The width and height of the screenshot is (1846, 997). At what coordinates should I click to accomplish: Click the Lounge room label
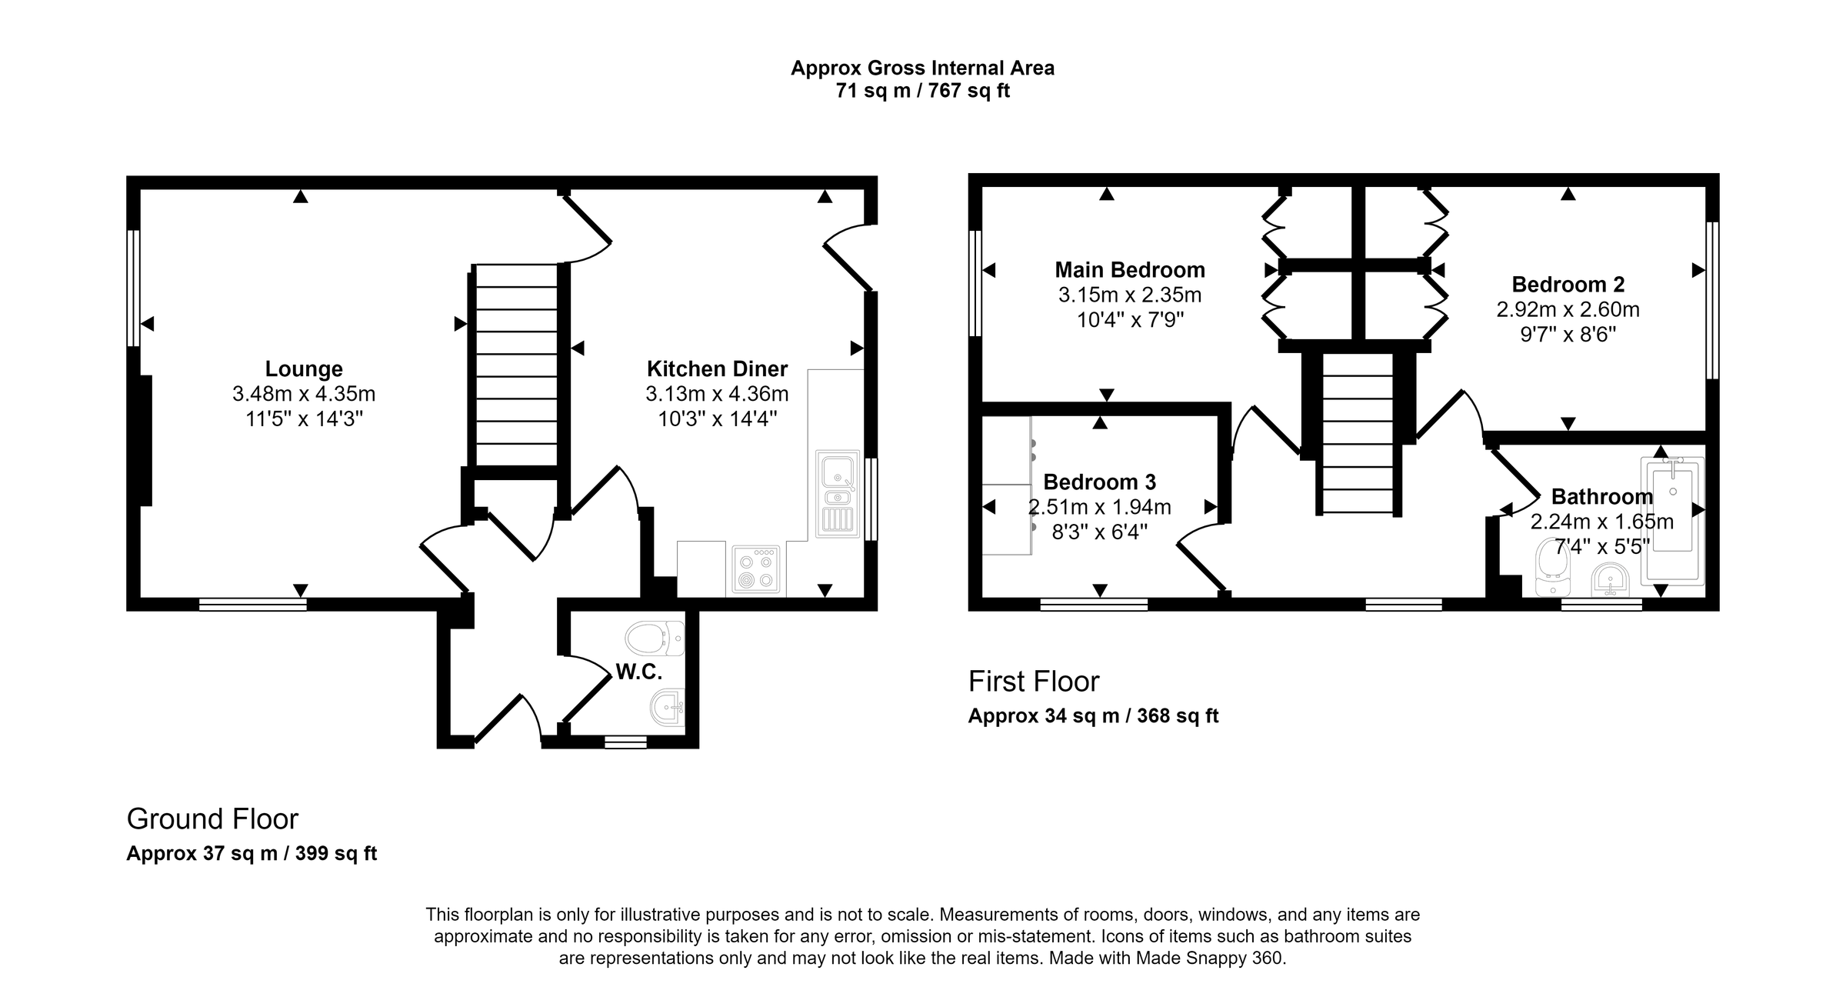pyautogui.click(x=304, y=369)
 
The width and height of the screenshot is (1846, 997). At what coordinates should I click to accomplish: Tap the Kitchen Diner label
pyautogui.click(x=717, y=369)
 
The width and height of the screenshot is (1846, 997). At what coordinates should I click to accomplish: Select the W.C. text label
pyautogui.click(x=639, y=672)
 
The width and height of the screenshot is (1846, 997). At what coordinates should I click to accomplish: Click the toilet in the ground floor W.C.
pyautogui.click(x=654, y=638)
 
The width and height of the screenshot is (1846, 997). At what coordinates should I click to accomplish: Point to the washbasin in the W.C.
pyautogui.click(x=666, y=707)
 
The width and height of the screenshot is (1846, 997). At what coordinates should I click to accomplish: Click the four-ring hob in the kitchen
pyautogui.click(x=755, y=570)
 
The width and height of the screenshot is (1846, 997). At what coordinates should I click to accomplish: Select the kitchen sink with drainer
pyautogui.click(x=838, y=492)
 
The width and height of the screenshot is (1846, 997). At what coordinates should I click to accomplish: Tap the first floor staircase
pyautogui.click(x=1358, y=434)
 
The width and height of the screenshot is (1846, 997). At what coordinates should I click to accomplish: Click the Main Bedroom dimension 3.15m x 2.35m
pyautogui.click(x=1129, y=295)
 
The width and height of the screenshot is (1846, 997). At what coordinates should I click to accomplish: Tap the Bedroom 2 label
pyautogui.click(x=1568, y=285)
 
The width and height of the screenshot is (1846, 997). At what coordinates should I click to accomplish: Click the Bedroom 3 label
pyautogui.click(x=1099, y=482)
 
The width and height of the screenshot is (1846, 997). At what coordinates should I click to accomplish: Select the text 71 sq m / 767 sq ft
pyautogui.click(x=922, y=91)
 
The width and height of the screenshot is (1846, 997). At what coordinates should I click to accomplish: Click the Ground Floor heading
pyautogui.click(x=212, y=819)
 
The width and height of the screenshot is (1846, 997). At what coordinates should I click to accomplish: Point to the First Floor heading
pyautogui.click(x=1034, y=682)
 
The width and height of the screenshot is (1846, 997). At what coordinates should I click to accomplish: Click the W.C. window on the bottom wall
pyautogui.click(x=625, y=742)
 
